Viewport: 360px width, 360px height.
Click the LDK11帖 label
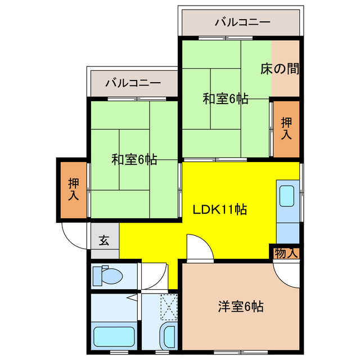220,210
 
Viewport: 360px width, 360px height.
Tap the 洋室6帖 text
241,307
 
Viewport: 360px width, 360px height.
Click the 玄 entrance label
105,240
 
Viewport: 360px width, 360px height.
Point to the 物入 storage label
286,253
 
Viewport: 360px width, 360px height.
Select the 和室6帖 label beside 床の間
226,98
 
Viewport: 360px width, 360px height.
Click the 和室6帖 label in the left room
134,159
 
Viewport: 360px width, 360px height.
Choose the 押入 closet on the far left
74,189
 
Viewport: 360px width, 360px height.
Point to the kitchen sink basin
287,196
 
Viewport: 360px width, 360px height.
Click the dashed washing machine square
168,307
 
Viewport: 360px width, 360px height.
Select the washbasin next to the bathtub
168,335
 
